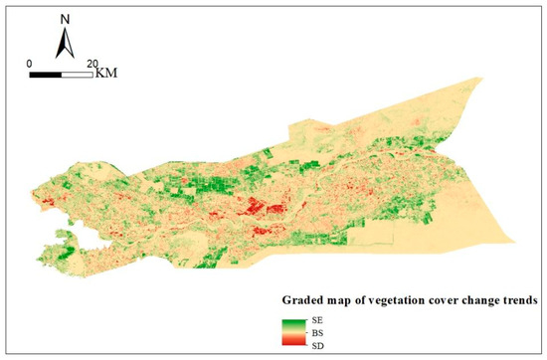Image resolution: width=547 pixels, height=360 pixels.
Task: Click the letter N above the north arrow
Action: (x=65, y=17)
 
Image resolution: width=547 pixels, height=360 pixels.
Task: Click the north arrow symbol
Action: (x=65, y=42)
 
